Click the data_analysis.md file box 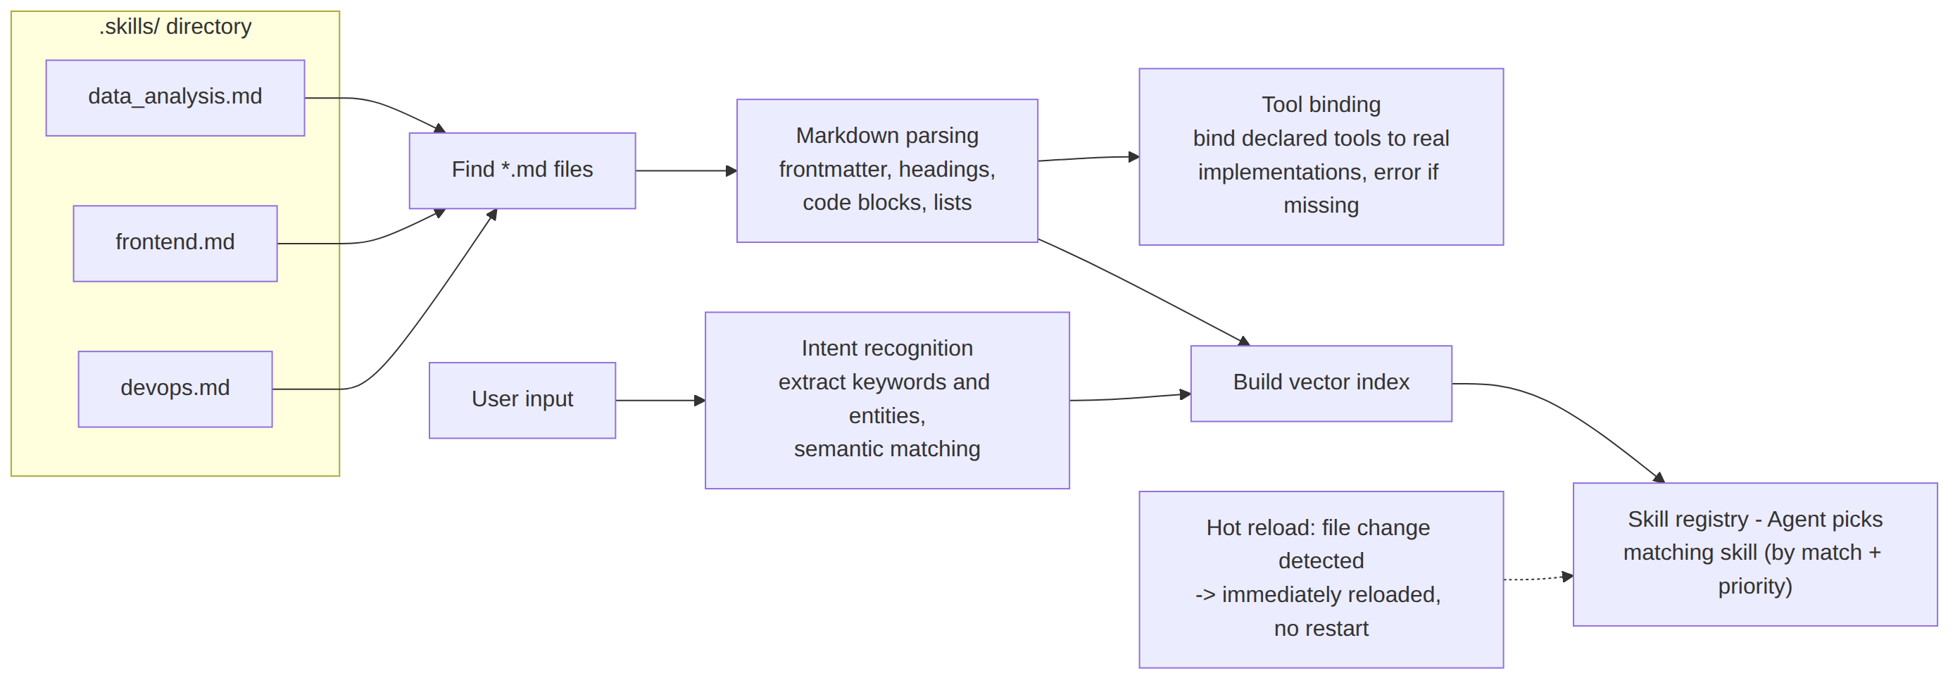(175, 98)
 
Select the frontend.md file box (175, 244)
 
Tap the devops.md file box (175, 389)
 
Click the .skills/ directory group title (175, 27)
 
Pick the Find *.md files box (522, 170)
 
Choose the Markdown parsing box (887, 170)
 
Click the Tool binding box (1321, 157)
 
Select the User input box (522, 400)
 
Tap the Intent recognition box (887, 400)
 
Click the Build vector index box (1321, 383)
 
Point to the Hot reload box (1321, 579)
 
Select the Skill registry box (1754, 554)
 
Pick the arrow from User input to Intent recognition (660, 400)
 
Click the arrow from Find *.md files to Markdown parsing (686, 170)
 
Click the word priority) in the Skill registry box (1754, 587)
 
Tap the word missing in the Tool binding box (1321, 206)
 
